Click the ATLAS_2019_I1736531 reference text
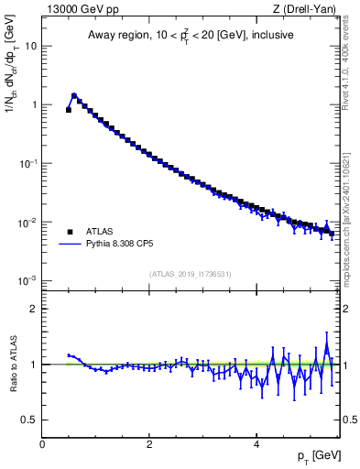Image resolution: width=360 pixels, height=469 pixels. click(x=191, y=274)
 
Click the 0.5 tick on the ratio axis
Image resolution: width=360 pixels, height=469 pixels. click(x=29, y=420)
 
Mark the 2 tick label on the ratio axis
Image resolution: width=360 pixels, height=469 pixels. click(x=34, y=309)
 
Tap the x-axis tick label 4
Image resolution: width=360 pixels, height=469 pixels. click(x=256, y=444)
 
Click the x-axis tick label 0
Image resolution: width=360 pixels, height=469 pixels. click(x=42, y=444)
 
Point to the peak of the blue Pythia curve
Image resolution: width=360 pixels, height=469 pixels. click(x=74, y=94)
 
